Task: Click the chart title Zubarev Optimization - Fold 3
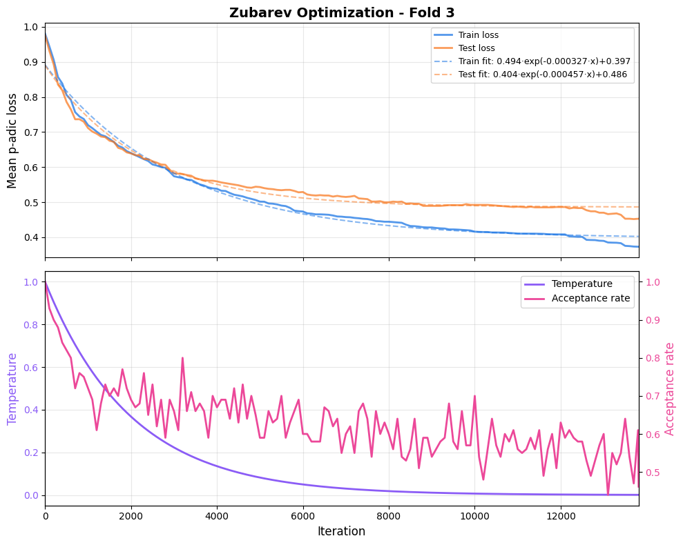(342, 12)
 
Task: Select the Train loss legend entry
(478, 35)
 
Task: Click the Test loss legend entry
(477, 48)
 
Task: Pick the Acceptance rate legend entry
(590, 298)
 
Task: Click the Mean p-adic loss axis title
(12, 140)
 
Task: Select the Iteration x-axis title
(341, 531)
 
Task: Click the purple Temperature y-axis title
(12, 388)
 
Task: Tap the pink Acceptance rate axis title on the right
(669, 388)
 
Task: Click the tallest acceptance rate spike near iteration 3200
(182, 358)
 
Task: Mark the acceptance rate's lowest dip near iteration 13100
(608, 494)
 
